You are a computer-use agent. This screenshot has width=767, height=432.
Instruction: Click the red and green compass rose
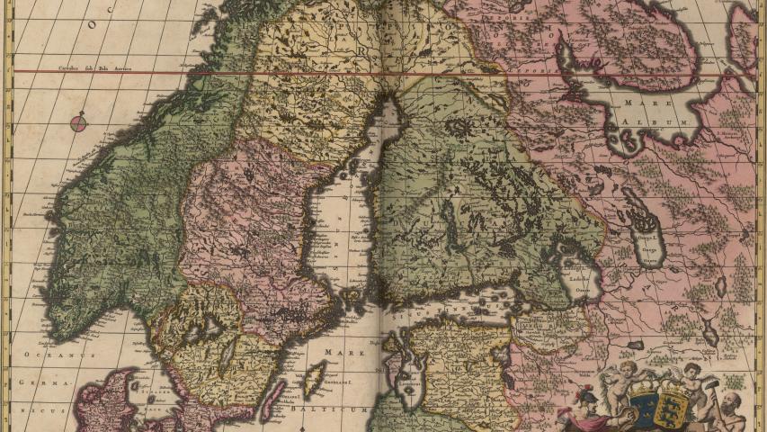point(79,123)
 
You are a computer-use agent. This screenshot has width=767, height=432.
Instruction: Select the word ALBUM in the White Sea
point(666,118)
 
